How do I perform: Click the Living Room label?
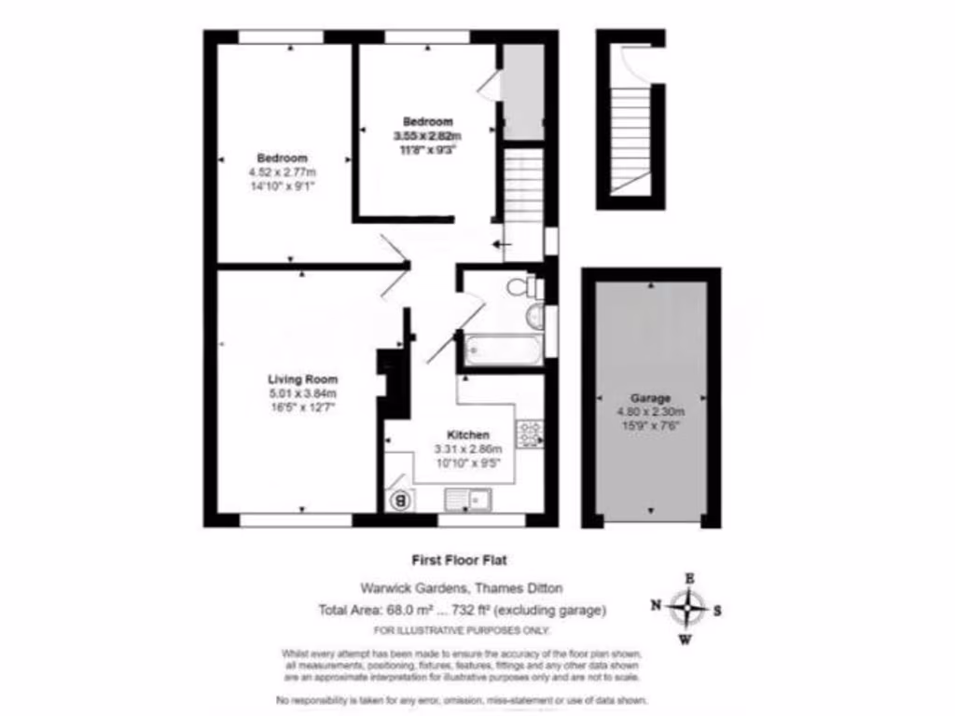[302, 379]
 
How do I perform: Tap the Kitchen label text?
[468, 435]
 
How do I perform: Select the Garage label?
[650, 397]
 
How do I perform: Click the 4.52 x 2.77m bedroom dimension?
[283, 172]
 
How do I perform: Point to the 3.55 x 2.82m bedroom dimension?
[428, 135]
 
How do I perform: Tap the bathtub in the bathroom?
[503, 351]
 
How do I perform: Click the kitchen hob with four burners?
[531, 433]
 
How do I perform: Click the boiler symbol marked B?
[402, 501]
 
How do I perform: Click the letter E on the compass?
[689, 579]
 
